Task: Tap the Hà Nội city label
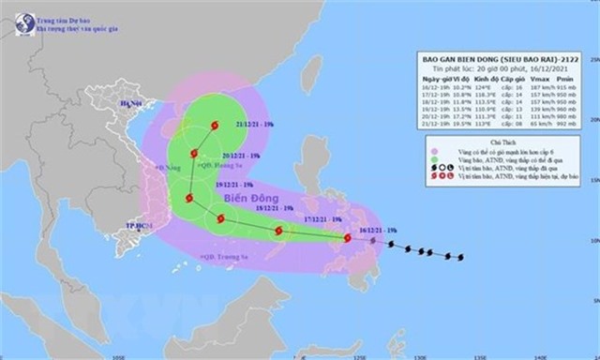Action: click(x=132, y=107)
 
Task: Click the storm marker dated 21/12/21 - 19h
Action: click(x=215, y=125)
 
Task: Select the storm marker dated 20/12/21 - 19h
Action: click(x=194, y=153)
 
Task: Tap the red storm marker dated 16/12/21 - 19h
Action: click(x=349, y=238)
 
